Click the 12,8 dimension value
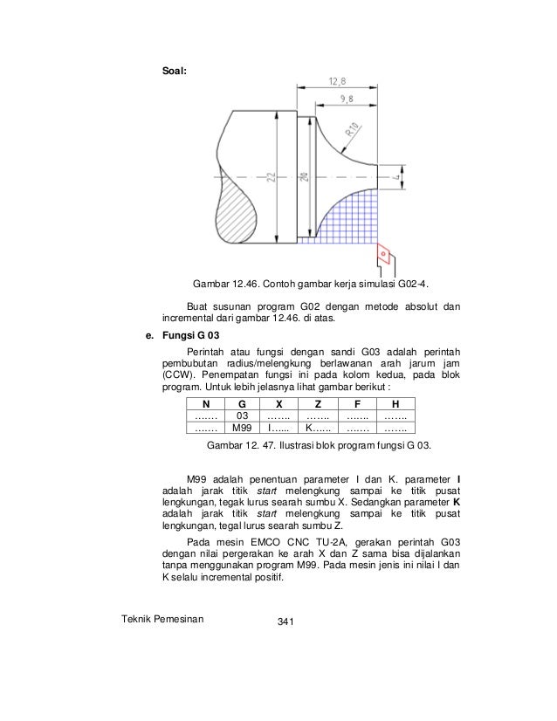337,81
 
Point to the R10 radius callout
354,132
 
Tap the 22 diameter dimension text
272,177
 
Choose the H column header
395,404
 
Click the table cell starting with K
317,429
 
